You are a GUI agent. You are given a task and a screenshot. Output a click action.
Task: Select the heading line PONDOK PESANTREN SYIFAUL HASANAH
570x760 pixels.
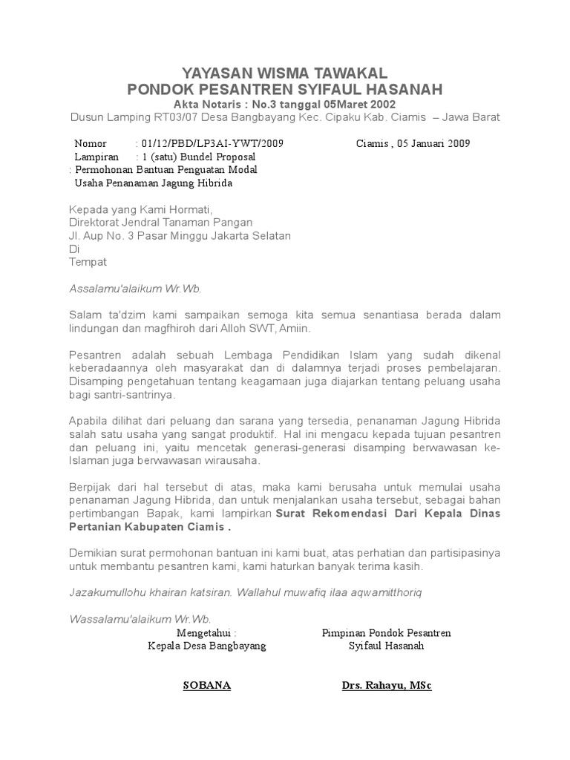point(285,90)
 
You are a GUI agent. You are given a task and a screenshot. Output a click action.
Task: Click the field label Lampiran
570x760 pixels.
point(96,157)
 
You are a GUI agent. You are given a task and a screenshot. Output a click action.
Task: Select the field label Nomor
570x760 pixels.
point(91,143)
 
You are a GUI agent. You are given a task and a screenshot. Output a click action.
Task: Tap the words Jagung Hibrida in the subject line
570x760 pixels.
point(188,183)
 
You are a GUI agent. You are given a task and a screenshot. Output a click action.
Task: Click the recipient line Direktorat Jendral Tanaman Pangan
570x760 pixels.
point(160,222)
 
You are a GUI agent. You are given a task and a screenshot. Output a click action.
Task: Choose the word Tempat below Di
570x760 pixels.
point(88,262)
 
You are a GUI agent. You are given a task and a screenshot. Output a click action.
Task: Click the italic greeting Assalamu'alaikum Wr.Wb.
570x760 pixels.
point(135,289)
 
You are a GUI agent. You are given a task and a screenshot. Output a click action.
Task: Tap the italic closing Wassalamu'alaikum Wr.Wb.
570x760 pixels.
point(140,619)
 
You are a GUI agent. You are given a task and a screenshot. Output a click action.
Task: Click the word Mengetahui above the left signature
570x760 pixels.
point(206,633)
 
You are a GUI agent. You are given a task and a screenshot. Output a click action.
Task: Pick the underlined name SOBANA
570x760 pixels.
point(207,685)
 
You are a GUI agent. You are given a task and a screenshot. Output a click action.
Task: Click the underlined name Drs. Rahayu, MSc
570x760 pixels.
point(387,685)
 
